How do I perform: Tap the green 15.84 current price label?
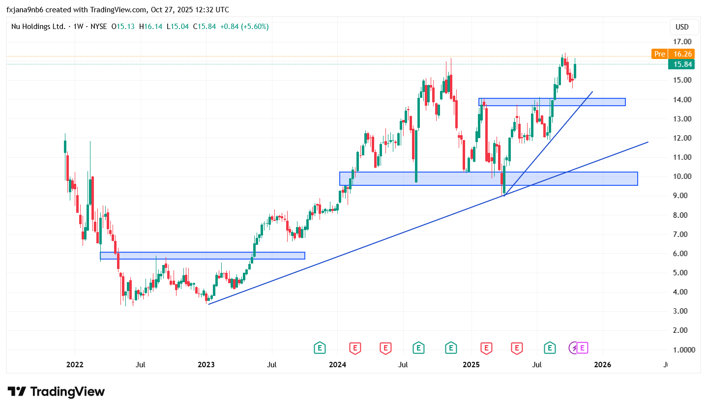683,64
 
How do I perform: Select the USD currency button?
682,27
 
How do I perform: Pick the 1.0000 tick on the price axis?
682,350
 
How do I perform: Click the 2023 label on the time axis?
206,365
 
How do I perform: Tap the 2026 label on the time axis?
603,365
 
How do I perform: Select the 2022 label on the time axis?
75,365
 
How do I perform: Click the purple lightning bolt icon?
573,348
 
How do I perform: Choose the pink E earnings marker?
582,348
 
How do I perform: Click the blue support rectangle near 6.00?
203,256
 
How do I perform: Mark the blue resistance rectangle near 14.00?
552,102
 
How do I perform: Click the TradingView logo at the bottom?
56,392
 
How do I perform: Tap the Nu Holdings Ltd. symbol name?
38,27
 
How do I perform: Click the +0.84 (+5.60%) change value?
244,27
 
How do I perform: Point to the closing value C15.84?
205,27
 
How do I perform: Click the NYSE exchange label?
96,27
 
